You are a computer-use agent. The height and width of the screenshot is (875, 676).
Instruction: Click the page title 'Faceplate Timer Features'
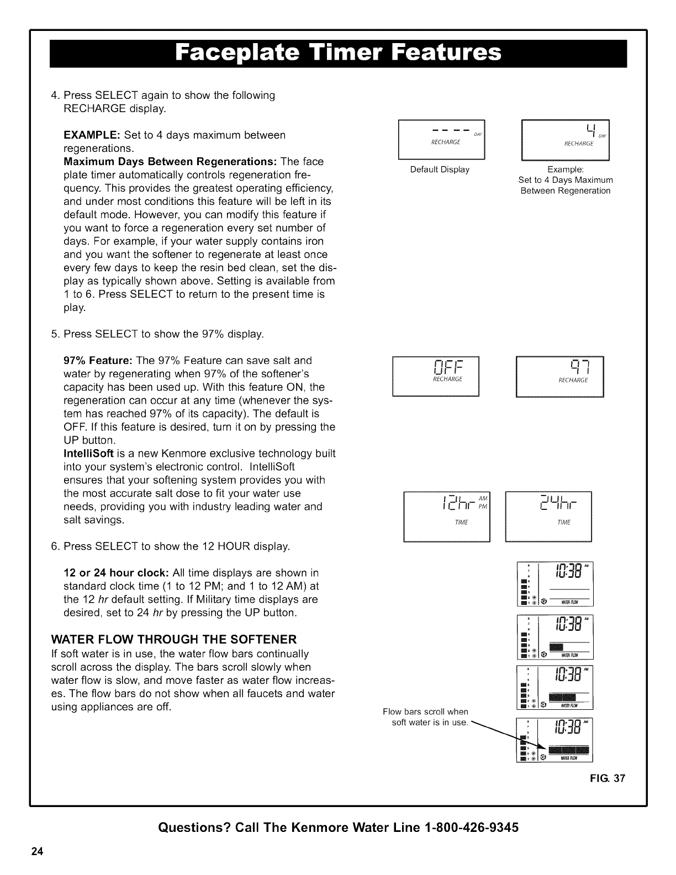(x=338, y=54)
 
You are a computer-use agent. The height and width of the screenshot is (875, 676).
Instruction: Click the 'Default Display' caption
(x=440, y=170)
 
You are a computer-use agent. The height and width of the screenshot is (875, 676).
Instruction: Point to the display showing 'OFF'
(x=436, y=377)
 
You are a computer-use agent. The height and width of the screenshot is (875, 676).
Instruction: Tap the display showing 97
(x=559, y=377)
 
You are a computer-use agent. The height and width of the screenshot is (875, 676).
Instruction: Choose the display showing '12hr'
(x=447, y=516)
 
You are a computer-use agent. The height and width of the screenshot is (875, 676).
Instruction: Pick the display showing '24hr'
(x=548, y=516)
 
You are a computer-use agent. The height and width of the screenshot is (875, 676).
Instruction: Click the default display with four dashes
(x=441, y=139)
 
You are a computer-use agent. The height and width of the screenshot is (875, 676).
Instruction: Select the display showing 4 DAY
(x=565, y=139)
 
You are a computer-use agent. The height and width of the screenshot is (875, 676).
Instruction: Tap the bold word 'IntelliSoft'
(x=89, y=454)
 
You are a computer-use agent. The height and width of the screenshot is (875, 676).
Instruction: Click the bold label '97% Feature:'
(x=98, y=361)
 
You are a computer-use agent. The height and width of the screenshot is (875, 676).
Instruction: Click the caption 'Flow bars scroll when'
(x=426, y=711)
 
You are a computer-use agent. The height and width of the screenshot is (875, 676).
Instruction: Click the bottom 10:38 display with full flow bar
(x=554, y=739)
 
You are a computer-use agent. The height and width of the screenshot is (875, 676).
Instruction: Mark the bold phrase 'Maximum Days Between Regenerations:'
(x=171, y=162)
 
